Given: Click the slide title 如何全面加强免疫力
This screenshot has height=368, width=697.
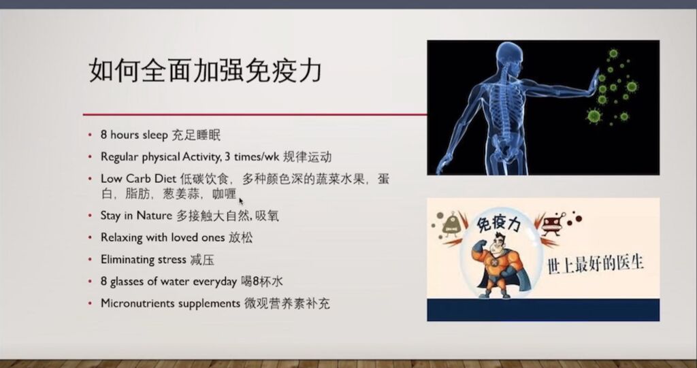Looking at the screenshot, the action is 205,70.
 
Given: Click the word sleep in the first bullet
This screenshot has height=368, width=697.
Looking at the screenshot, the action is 155,135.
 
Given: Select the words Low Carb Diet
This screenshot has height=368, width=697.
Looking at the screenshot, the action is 139,179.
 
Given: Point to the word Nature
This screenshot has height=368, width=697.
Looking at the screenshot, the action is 154,216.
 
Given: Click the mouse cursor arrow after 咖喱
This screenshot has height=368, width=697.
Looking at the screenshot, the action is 241,201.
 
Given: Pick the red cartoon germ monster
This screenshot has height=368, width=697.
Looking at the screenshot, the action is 553,224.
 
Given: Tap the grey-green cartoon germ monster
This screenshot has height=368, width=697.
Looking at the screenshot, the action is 451,224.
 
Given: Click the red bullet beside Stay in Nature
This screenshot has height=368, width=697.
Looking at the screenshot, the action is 91,216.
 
